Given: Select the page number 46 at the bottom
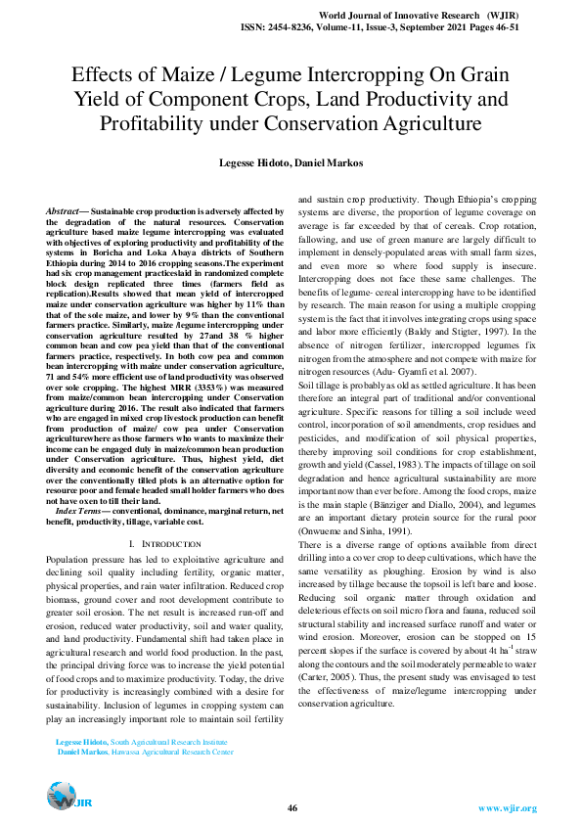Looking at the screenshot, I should (x=291, y=807).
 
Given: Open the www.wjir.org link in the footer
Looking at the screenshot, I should (x=506, y=807).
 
